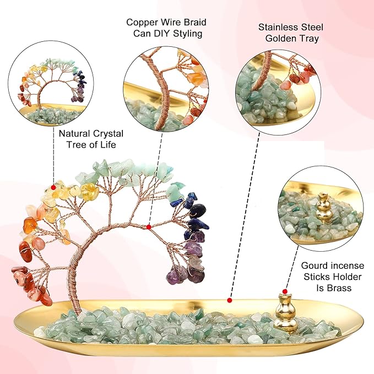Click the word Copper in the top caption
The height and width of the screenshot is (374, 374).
click(142, 23)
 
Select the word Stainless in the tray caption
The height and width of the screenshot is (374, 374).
click(276, 27)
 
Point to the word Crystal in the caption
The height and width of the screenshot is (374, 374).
click(108, 133)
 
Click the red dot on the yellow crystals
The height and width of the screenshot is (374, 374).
click(53, 187)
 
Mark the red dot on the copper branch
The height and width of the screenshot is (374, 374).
click(149, 227)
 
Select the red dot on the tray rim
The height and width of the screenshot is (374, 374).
click(230, 300)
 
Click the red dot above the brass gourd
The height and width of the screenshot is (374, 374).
click(285, 291)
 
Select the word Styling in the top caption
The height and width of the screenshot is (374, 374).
click(188, 34)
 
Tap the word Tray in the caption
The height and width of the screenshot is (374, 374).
click(310, 39)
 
